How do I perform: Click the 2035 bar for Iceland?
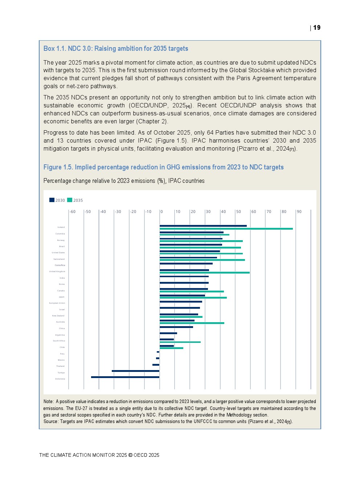(x=226, y=229)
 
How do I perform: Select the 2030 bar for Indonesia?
(x=125, y=377)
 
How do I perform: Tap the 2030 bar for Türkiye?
(x=135, y=371)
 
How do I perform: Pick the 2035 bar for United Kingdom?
(x=205, y=272)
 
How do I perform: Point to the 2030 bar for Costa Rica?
(x=186, y=263)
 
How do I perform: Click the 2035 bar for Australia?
(x=192, y=323)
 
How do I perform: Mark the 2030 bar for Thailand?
(x=156, y=365)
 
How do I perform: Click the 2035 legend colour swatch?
(x=70, y=200)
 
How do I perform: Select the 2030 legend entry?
(x=57, y=200)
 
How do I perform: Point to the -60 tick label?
(x=73, y=212)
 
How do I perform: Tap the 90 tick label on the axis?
(x=299, y=212)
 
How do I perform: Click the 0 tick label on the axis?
(x=161, y=212)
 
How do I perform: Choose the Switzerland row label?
(x=59, y=259)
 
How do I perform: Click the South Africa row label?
(x=59, y=341)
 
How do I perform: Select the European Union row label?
(x=57, y=303)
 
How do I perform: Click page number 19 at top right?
(x=317, y=28)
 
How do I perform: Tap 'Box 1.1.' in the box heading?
(x=55, y=49)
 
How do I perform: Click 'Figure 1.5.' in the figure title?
(x=58, y=167)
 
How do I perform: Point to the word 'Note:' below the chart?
(x=49, y=402)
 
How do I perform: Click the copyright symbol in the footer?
(x=130, y=455)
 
